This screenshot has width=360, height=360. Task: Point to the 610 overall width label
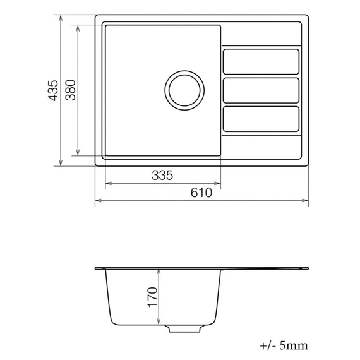click(x=201, y=193)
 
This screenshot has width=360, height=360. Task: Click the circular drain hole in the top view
click(x=184, y=89)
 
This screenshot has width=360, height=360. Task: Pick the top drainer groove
click(x=260, y=61)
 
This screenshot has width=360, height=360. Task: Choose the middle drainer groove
click(x=260, y=90)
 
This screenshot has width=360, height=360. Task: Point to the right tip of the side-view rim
click(x=308, y=269)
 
